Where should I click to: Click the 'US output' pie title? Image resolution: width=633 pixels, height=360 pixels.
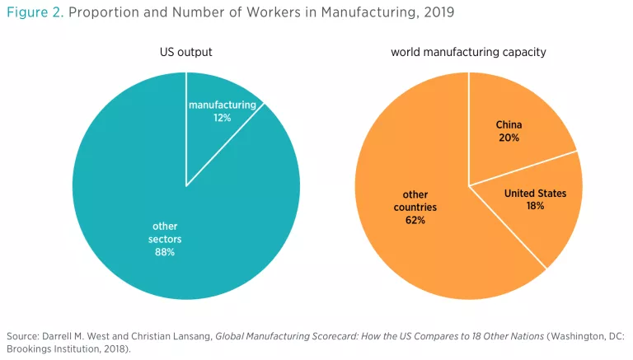click(x=185, y=53)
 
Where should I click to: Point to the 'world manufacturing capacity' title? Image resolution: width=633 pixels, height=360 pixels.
click(x=468, y=53)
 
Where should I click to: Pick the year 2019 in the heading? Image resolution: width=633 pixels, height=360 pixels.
click(x=438, y=14)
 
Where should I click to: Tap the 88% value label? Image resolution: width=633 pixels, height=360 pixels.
click(x=164, y=252)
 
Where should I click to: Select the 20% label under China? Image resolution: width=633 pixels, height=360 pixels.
click(x=509, y=138)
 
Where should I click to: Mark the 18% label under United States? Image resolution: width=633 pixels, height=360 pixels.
click(x=535, y=206)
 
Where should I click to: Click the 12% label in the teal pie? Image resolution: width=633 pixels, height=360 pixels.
click(x=222, y=118)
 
